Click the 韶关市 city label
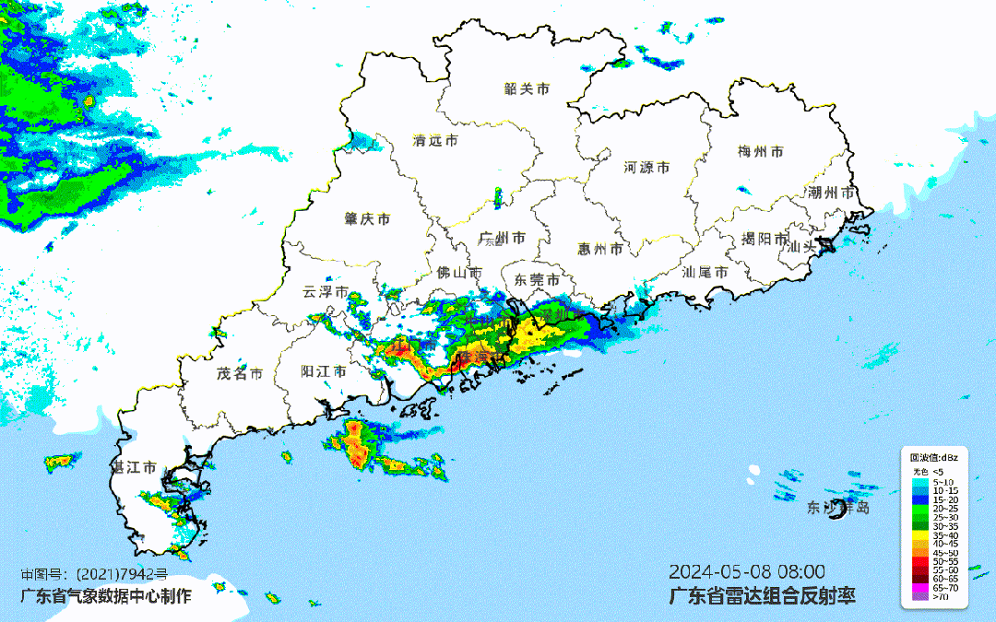coord(527,89)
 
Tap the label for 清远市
coord(435,141)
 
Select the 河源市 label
coord(646,168)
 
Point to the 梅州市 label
coord(761,151)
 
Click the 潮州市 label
coord(832,194)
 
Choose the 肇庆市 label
coord(367,219)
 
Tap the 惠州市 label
coord(599,249)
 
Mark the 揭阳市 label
coord(765,240)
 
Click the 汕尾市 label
coord(705,273)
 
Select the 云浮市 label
coord(326,292)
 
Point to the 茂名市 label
coord(240,373)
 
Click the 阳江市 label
coord(324,372)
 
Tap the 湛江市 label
coord(135,468)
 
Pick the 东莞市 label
coord(537,280)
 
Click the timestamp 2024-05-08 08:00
coord(747,571)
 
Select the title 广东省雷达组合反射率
coord(762,595)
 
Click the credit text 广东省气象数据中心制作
coord(106,595)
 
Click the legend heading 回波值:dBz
coord(933,458)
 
